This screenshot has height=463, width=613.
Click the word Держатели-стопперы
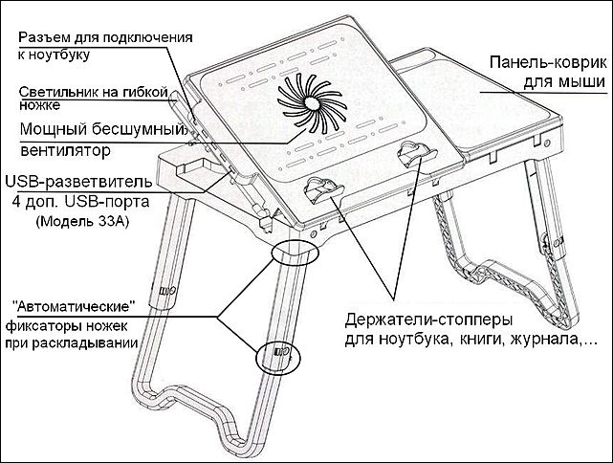(x=427, y=317)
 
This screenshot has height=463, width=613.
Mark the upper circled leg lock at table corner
(x=295, y=253)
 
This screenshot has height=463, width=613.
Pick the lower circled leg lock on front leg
(x=277, y=354)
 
